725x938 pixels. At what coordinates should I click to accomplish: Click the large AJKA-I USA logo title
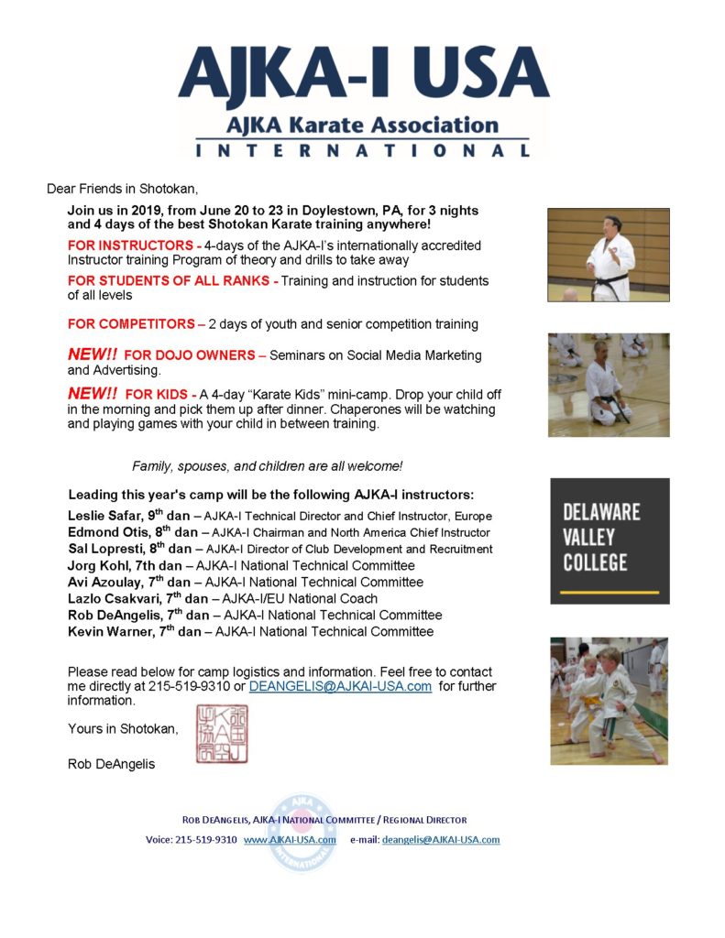coord(363,77)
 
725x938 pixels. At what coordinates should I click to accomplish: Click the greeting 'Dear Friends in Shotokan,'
coord(122,190)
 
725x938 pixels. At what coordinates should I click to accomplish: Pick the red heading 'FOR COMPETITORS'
coord(130,323)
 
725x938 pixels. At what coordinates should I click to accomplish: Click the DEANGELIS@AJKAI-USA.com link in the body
coord(340,685)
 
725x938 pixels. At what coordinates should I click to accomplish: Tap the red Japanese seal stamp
coord(221,735)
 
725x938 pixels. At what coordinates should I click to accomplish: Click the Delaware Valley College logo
coord(610,540)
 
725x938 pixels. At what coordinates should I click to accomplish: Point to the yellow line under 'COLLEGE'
coord(610,592)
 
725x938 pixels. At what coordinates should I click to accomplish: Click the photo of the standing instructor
coord(609,255)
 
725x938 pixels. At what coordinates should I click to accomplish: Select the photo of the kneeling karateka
coord(609,385)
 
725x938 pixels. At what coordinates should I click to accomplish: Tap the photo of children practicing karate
coord(609,701)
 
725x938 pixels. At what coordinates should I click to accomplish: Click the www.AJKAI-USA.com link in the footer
coord(290,839)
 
